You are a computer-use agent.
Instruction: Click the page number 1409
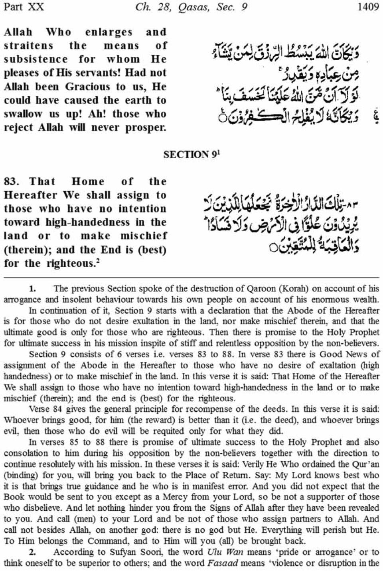click(x=368, y=7)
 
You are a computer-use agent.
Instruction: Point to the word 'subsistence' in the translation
click(x=36, y=59)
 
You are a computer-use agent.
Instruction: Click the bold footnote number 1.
click(x=32, y=288)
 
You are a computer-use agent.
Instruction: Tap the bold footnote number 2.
click(x=32, y=552)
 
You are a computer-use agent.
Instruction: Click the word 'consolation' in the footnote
click(x=25, y=453)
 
